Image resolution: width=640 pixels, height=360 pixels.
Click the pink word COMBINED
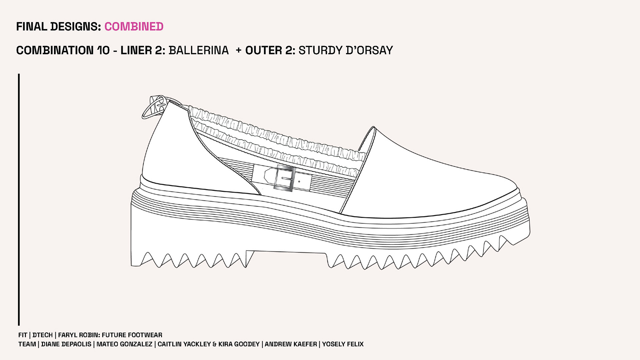pos(134,27)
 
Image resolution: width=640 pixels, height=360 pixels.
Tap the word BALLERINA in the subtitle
pos(199,50)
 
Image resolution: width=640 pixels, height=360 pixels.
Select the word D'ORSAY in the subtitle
pos(369,50)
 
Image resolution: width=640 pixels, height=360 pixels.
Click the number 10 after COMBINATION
pos(103,50)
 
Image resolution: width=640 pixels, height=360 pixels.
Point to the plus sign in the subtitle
pos(238,50)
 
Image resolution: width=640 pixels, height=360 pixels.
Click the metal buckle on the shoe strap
pos(284,179)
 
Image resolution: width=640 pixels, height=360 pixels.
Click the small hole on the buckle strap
pos(299,182)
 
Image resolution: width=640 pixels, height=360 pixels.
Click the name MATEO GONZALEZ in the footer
pos(124,344)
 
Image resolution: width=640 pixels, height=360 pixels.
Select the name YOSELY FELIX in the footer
pos(343,344)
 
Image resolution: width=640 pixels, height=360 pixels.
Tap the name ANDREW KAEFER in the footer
pos(291,344)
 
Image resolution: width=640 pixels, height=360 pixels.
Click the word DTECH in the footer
pos(42,335)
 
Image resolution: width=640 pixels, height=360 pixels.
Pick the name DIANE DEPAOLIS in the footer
pos(66,344)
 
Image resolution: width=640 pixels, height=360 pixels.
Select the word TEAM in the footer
pos(27,344)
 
